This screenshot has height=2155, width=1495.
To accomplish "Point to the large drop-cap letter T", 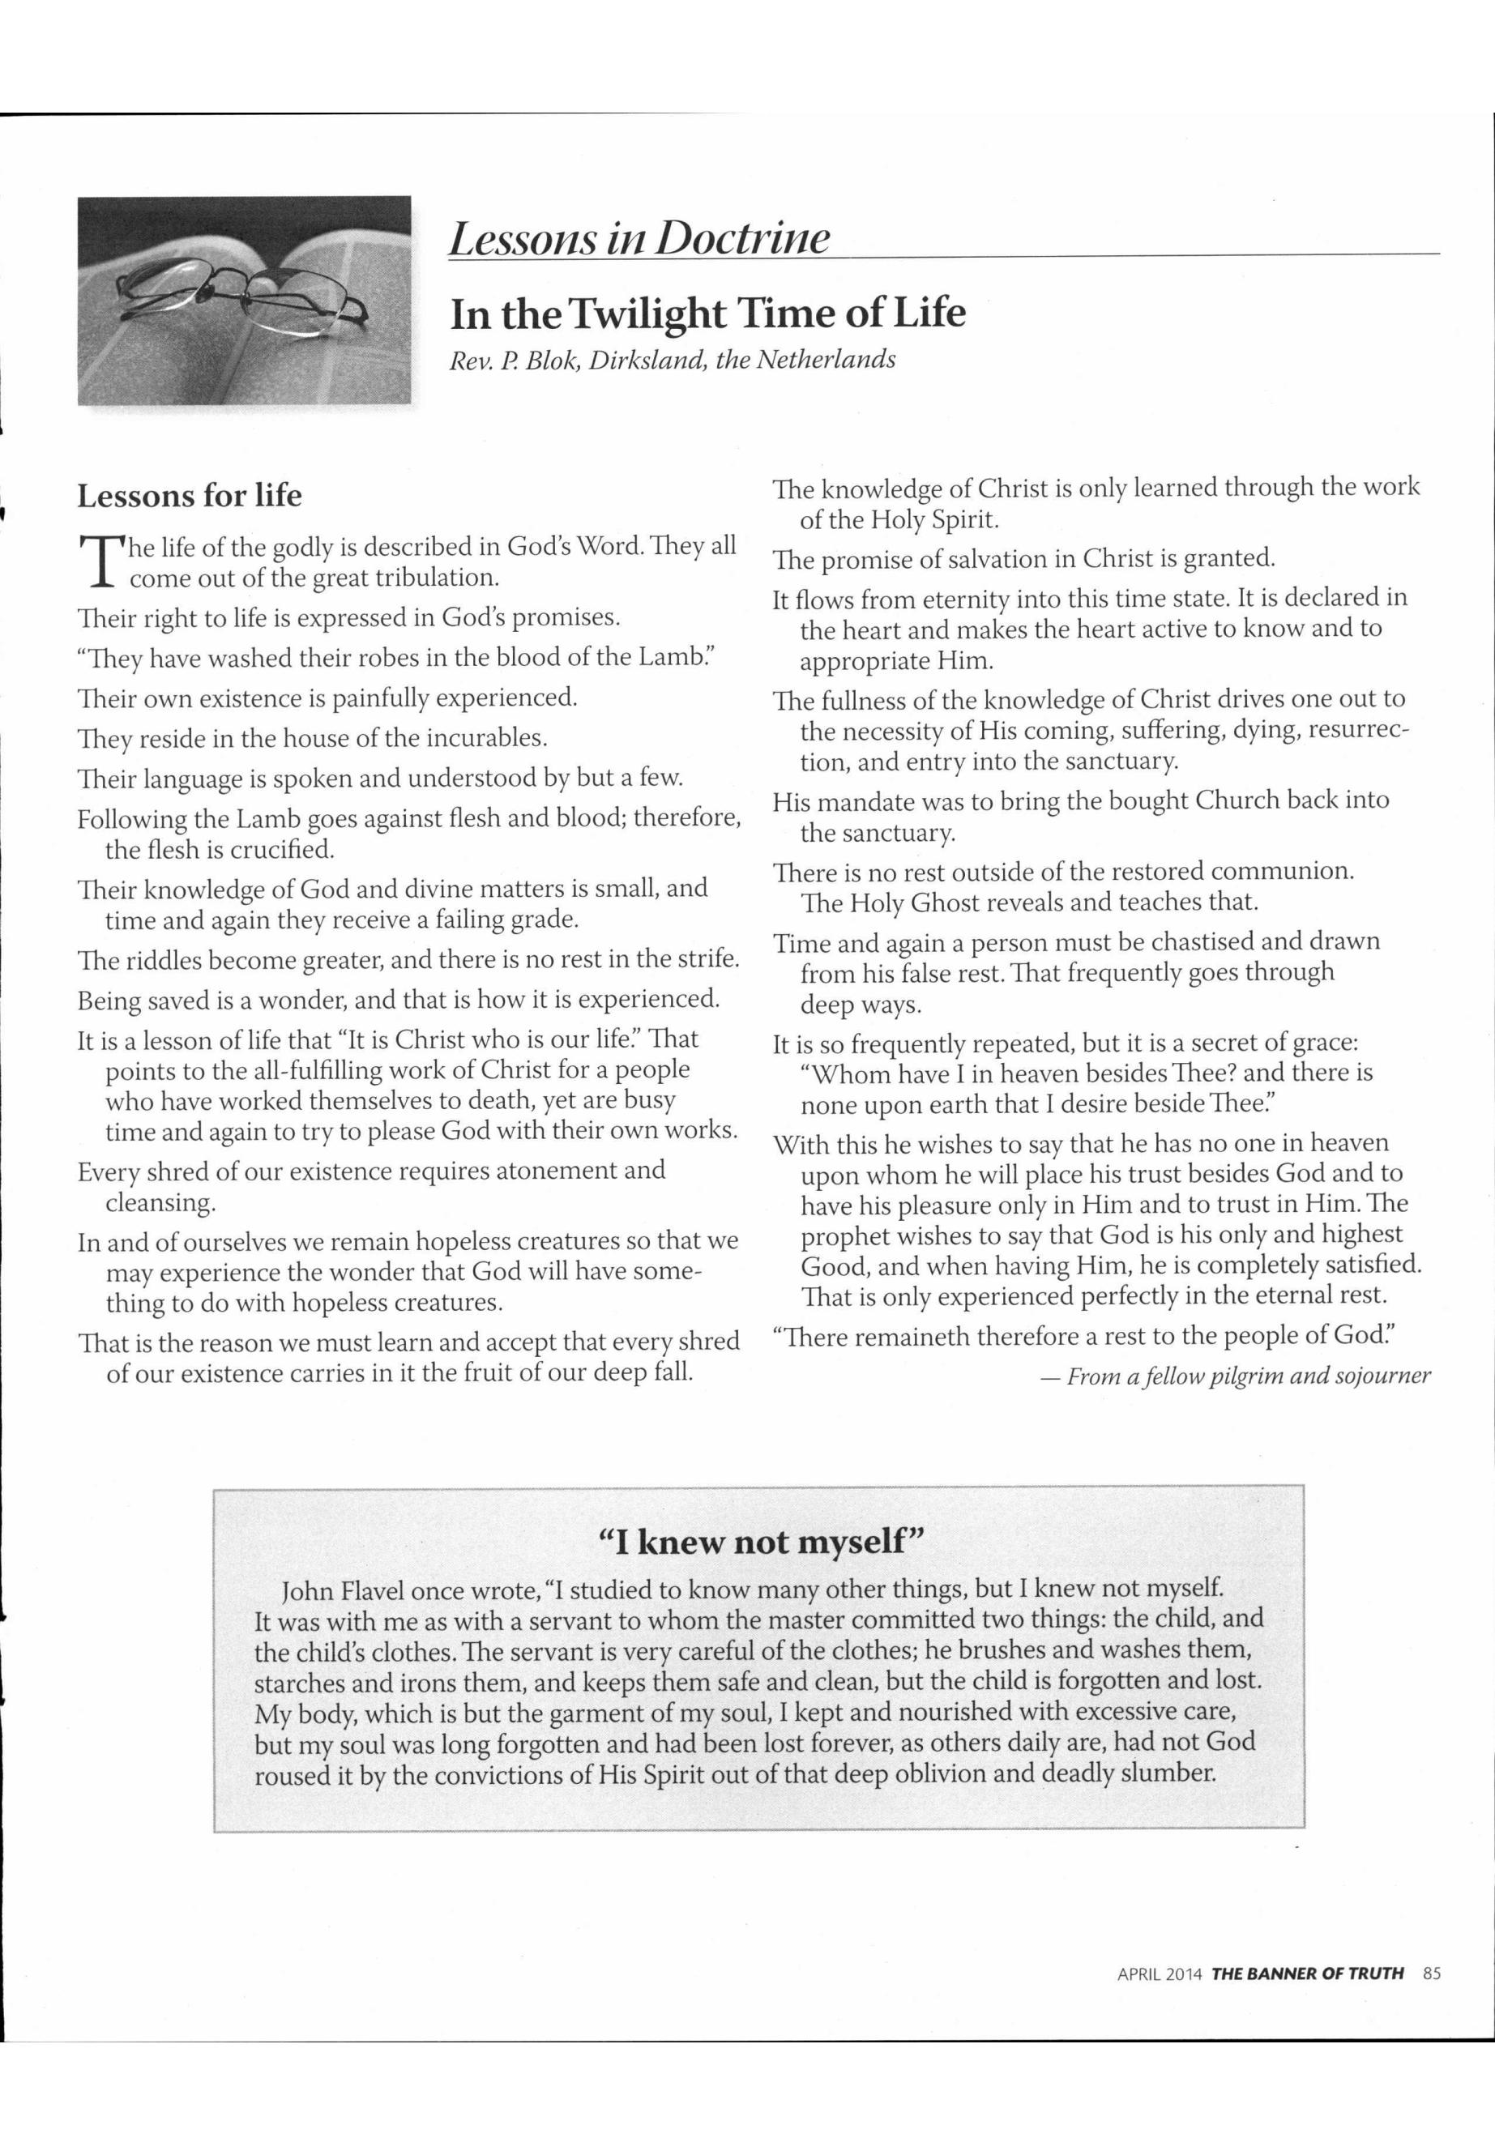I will point(98,562).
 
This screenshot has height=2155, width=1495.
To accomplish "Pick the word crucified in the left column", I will point(286,851).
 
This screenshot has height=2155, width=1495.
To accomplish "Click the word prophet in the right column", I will point(845,1235).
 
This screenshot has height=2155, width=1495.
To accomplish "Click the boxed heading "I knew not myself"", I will point(761,1541).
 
